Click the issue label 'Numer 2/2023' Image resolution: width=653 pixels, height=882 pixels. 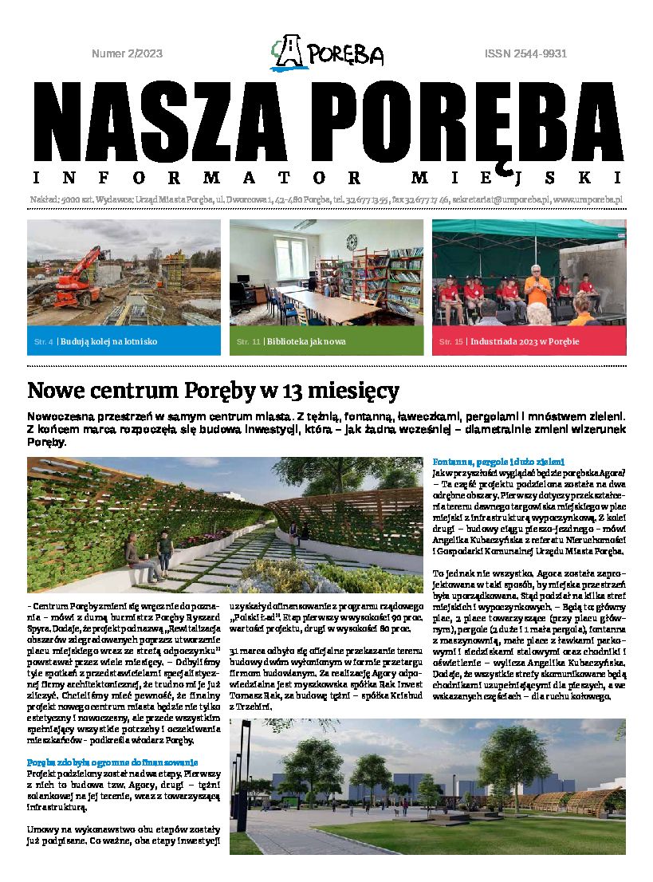[128, 54]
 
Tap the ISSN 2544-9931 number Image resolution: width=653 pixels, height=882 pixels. [525, 54]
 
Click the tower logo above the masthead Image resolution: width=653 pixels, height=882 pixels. [289, 53]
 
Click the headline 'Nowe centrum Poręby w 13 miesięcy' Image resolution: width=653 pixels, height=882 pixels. [213, 391]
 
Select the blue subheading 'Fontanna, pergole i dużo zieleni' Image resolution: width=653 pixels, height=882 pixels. [498, 462]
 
